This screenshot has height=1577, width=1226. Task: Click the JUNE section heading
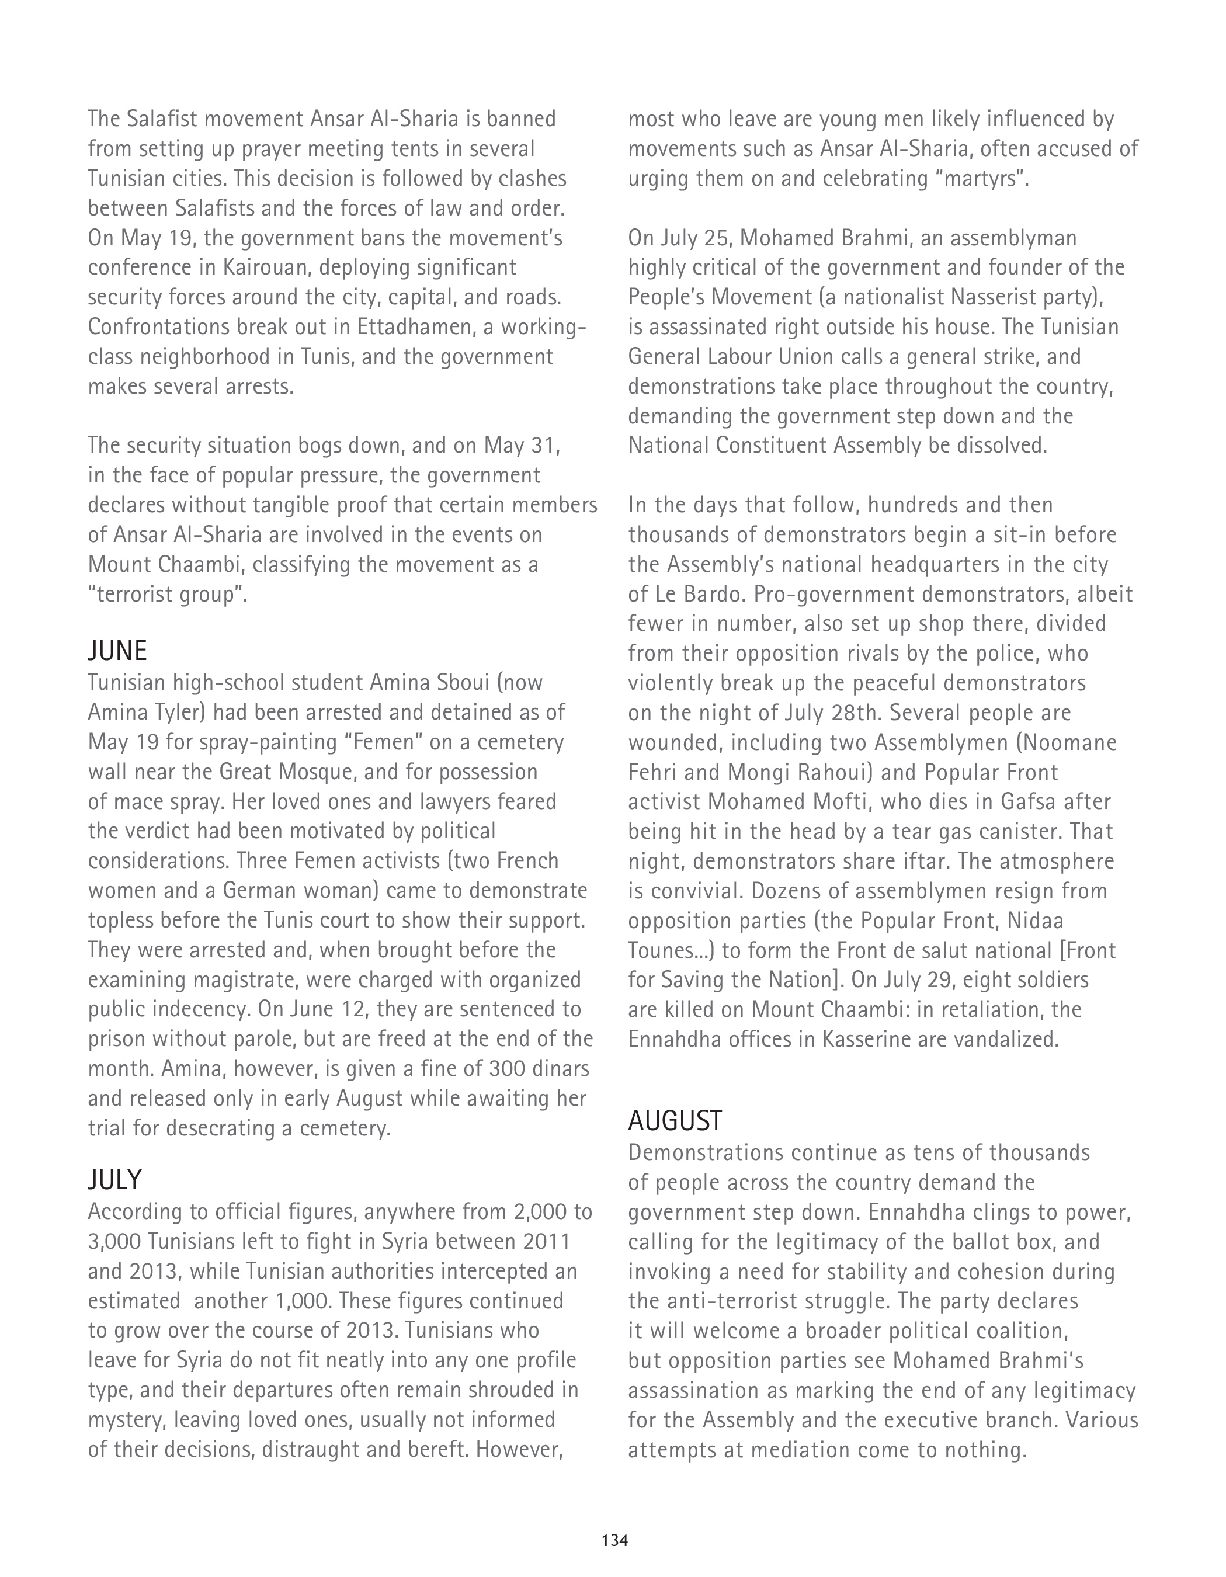pyautogui.click(x=117, y=651)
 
